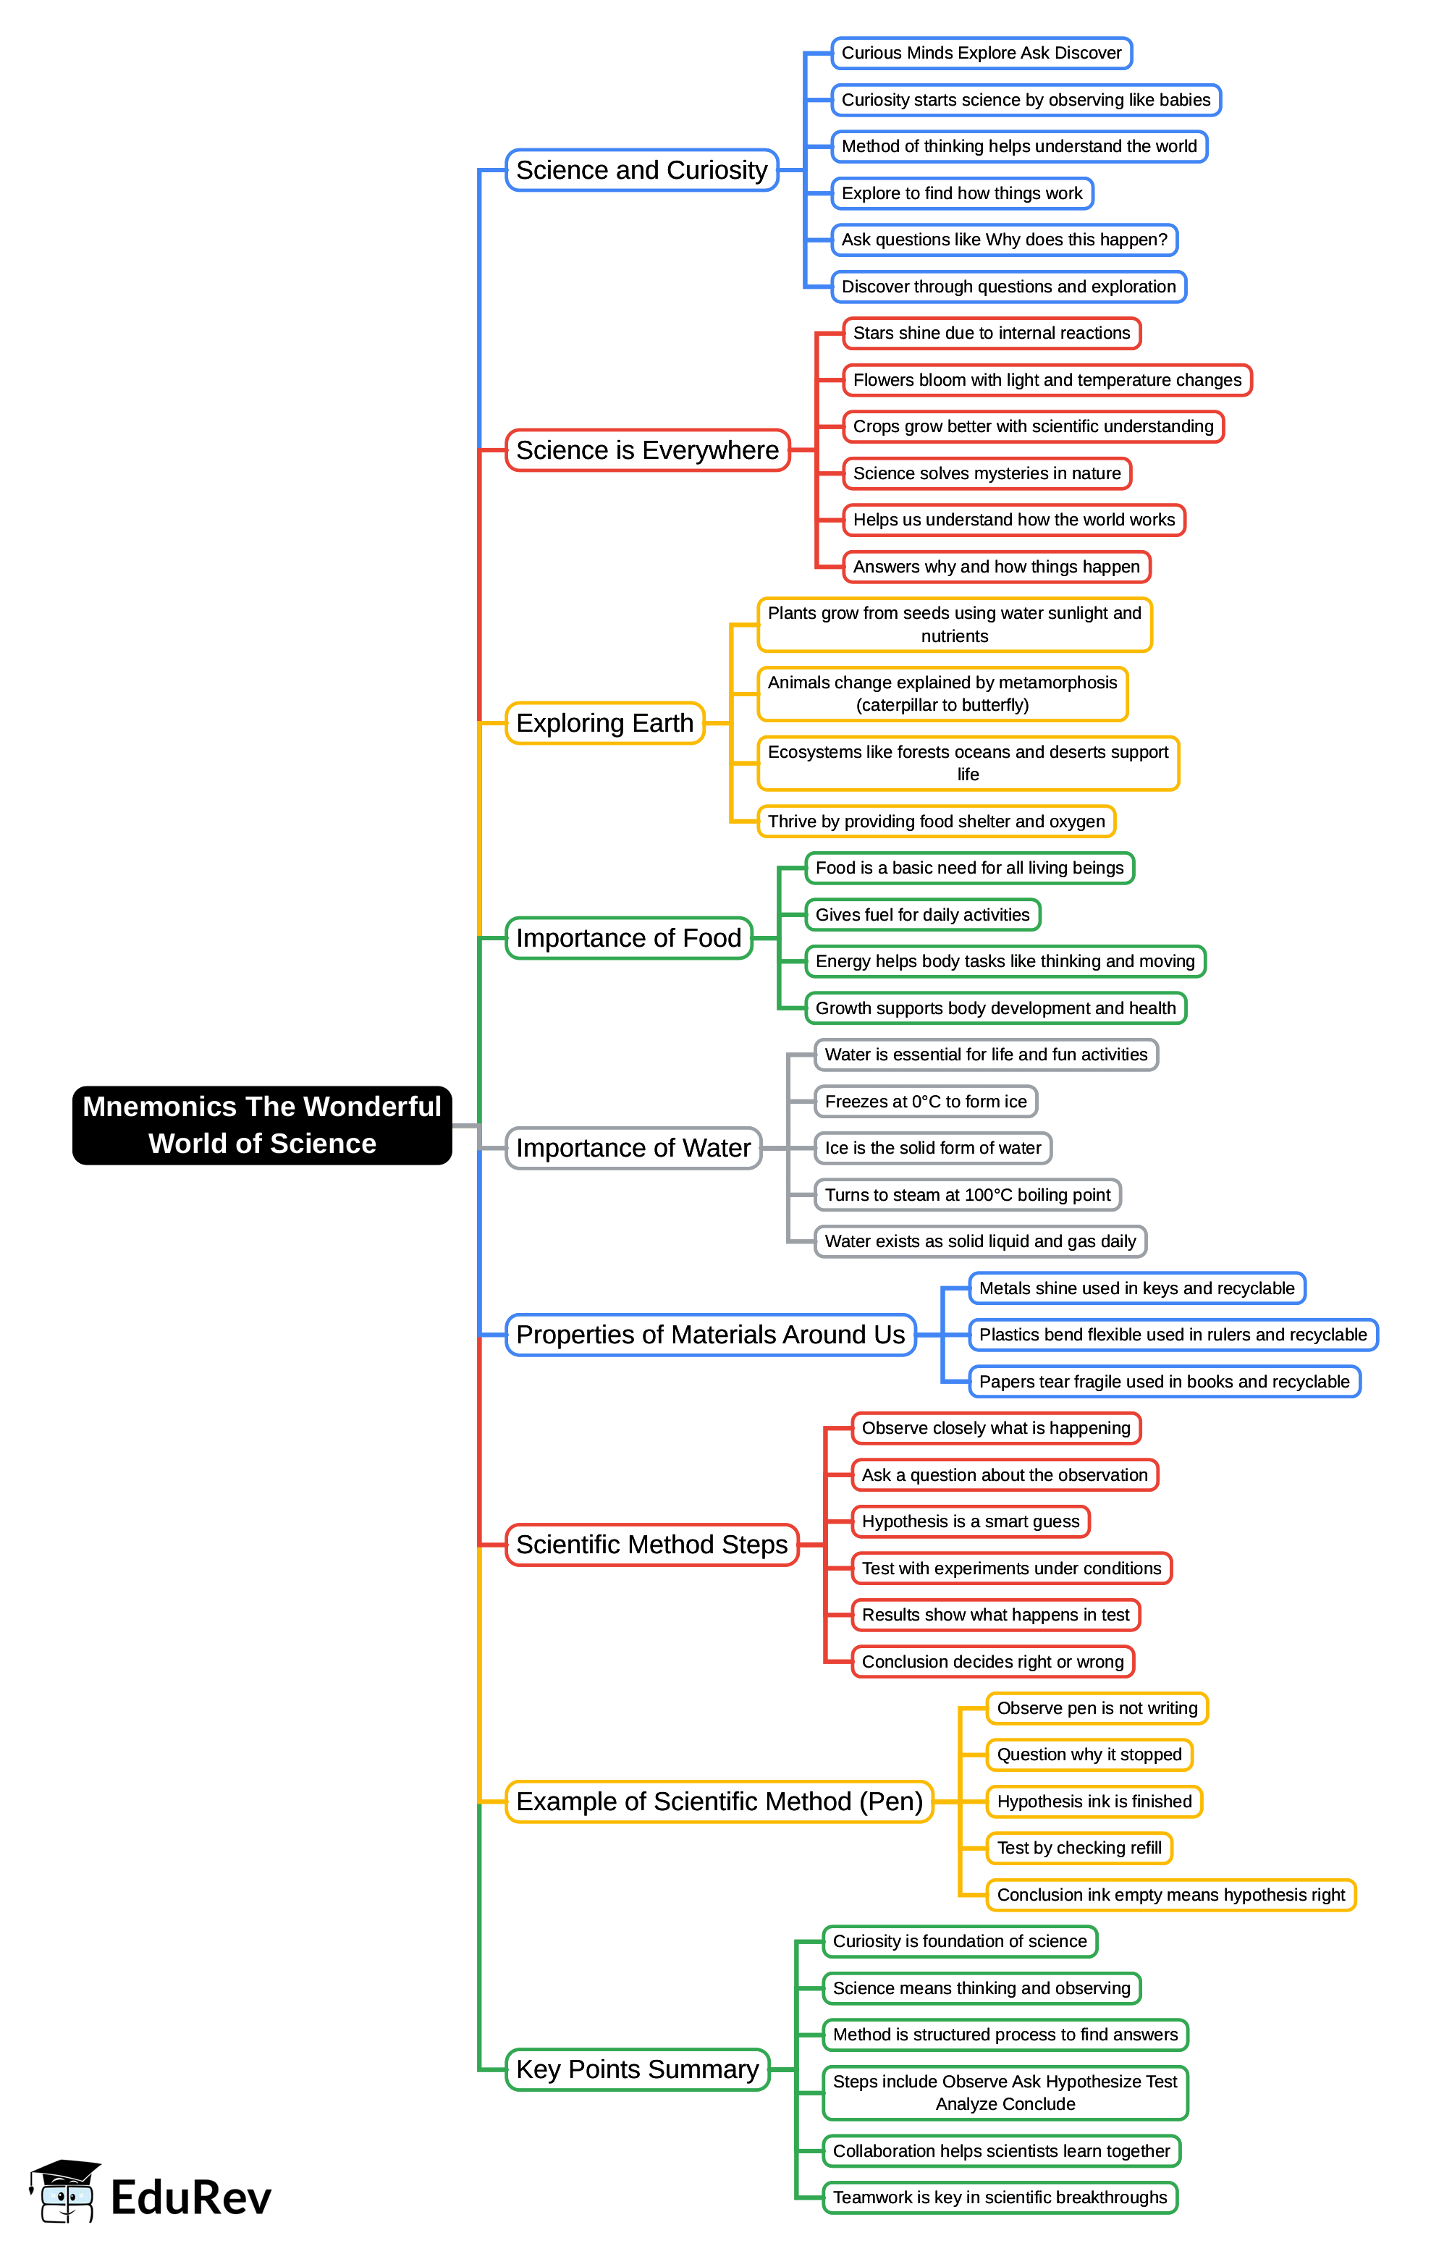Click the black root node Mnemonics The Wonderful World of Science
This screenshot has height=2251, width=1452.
(x=262, y=1125)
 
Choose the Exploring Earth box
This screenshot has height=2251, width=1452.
(x=604, y=723)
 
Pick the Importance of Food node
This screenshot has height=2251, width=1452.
(x=628, y=938)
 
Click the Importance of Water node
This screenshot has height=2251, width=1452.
(x=633, y=1148)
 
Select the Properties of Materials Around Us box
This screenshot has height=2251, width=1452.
(x=710, y=1335)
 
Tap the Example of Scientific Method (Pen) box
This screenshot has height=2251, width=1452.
(x=719, y=1802)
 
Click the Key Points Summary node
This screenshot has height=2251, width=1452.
(x=638, y=2069)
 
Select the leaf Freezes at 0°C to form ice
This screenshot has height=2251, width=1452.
(x=925, y=1101)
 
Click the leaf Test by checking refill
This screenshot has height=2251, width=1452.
(x=1079, y=1848)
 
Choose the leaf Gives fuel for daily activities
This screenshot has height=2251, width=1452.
(x=922, y=914)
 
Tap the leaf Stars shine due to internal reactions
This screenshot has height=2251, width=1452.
(x=991, y=333)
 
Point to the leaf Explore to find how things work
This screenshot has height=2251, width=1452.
(x=962, y=193)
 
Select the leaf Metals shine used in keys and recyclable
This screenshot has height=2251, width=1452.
(x=1136, y=1288)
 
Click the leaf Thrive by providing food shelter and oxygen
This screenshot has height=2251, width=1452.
(x=936, y=821)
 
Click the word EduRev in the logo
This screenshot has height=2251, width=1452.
(x=190, y=2197)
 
